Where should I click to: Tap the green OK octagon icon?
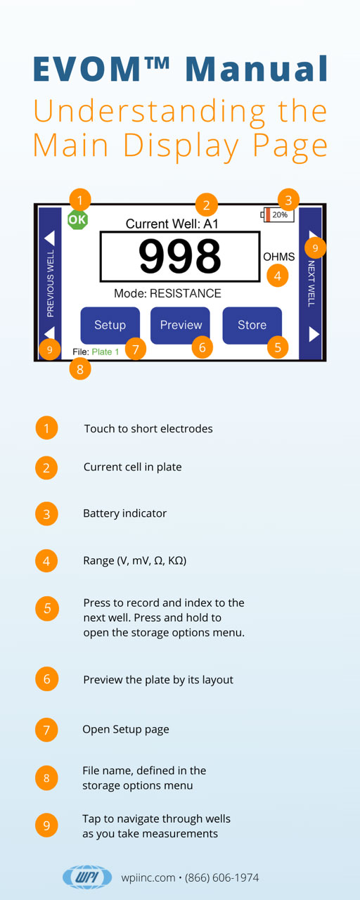(77, 219)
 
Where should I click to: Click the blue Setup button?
(110, 325)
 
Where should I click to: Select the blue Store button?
(252, 325)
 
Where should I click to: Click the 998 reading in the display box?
(179, 256)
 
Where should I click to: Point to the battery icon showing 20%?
(277, 214)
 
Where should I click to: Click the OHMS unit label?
(279, 257)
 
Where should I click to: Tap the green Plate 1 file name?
(105, 352)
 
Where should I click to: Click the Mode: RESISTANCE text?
(167, 293)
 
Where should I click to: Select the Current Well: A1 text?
(172, 224)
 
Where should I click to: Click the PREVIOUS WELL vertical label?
(50, 283)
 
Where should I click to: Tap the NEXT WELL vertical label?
(311, 283)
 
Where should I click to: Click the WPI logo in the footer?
(87, 877)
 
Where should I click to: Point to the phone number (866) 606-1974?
(221, 877)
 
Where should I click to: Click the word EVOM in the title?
(88, 69)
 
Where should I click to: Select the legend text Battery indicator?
(124, 513)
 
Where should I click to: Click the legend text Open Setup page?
(126, 730)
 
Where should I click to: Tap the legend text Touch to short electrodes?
(148, 429)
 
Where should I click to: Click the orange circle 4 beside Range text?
(46, 560)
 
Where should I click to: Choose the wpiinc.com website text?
(148, 878)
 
